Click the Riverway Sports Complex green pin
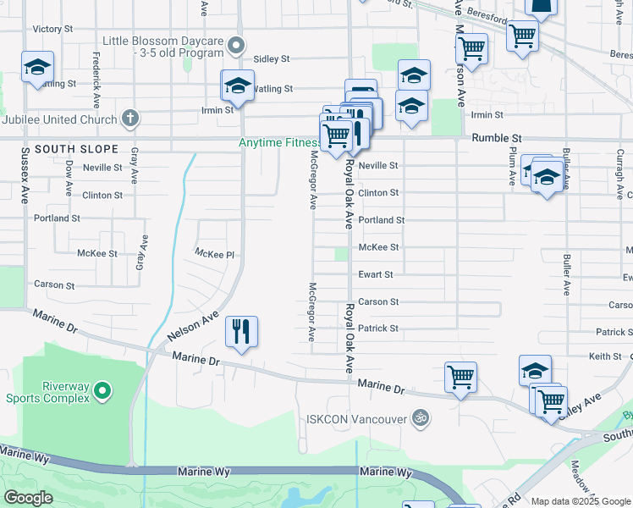click(x=102, y=391)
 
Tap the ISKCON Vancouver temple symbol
click(x=418, y=417)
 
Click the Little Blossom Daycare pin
click(x=237, y=44)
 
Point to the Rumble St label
click(x=496, y=137)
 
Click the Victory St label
click(x=47, y=29)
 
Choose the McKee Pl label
click(x=214, y=253)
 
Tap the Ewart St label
click(x=376, y=274)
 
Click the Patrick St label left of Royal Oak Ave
click(x=377, y=329)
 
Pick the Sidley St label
click(x=272, y=59)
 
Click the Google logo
click(x=29, y=498)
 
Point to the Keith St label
click(x=605, y=356)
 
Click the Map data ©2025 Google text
click(x=581, y=501)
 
